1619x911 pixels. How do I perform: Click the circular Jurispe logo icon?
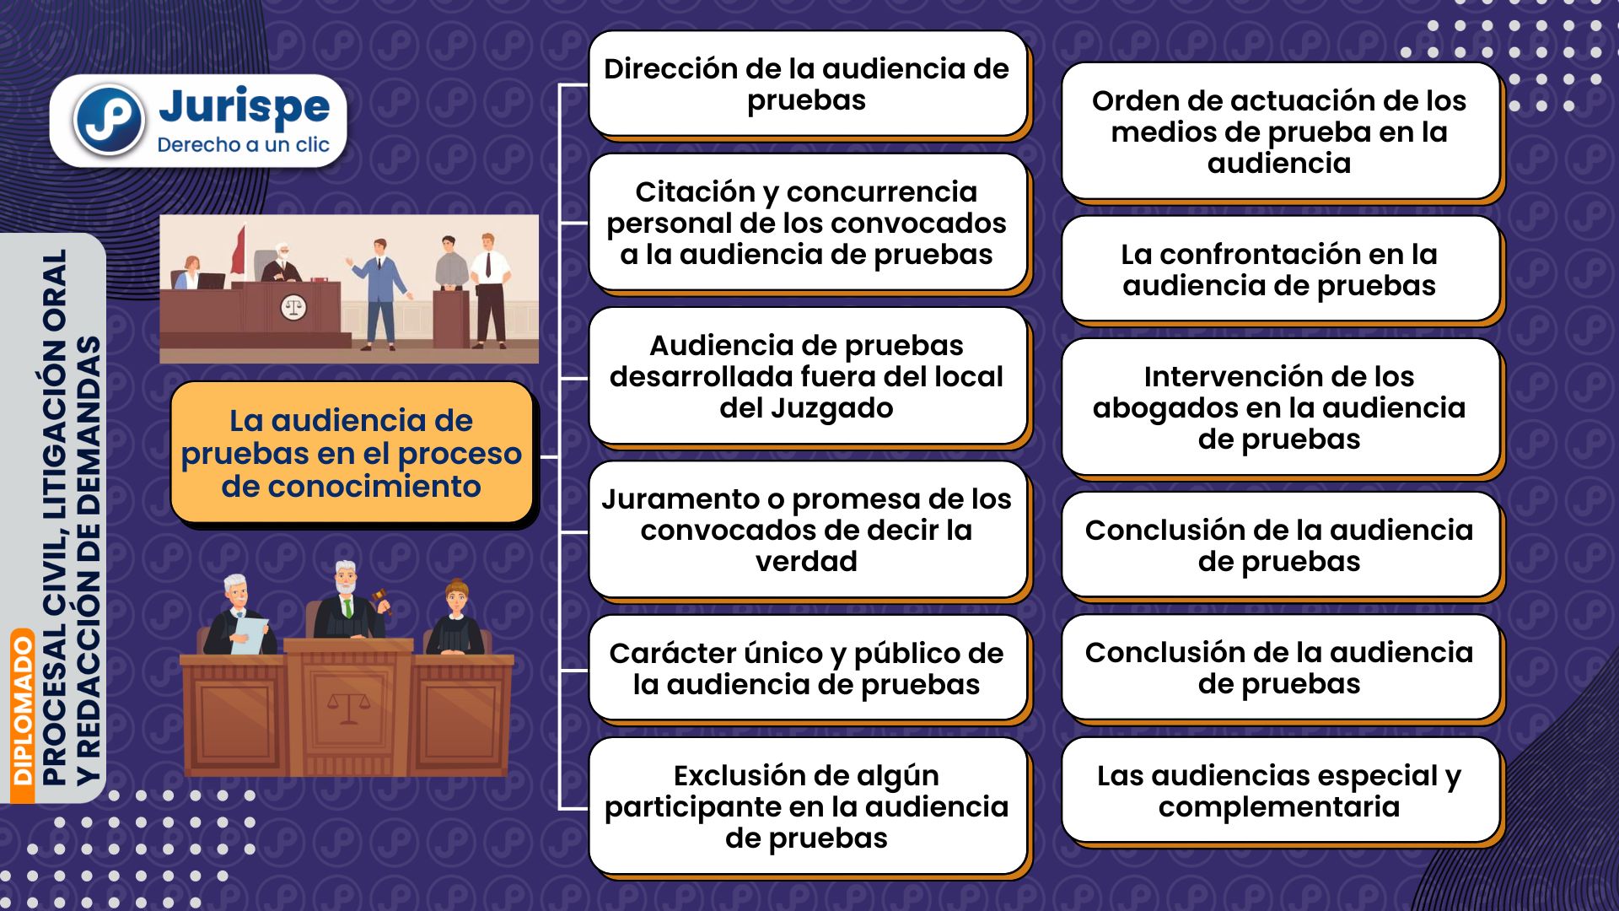point(109,120)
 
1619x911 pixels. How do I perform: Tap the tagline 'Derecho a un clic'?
point(243,145)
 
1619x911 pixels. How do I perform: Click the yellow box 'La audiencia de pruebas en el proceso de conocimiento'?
point(352,453)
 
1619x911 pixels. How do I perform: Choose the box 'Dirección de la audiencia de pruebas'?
point(807,84)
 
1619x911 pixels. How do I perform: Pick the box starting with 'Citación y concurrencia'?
point(807,223)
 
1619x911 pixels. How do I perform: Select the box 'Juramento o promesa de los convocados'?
point(807,530)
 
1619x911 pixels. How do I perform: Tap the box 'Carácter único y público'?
point(807,668)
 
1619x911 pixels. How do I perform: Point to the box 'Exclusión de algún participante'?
point(807,806)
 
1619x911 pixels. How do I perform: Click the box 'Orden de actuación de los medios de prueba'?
point(1280,132)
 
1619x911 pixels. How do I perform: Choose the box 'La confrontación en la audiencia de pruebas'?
point(1280,269)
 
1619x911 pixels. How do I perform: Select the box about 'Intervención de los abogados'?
point(1280,407)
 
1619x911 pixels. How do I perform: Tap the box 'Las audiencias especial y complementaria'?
point(1280,790)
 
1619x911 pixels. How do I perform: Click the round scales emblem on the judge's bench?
point(293,308)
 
